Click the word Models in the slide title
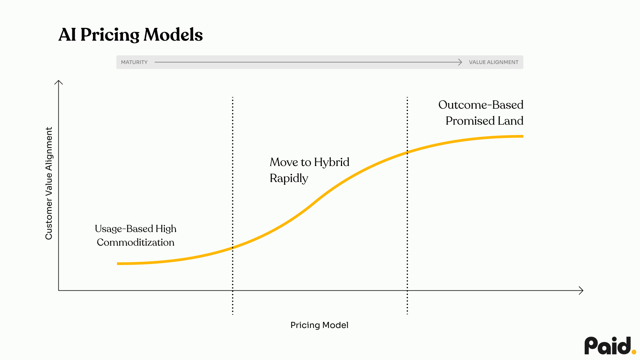click(173, 35)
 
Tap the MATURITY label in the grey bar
click(134, 62)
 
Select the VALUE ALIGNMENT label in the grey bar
click(493, 62)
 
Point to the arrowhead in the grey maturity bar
click(460, 62)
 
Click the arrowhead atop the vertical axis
click(59, 82)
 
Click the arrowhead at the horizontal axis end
click(581, 291)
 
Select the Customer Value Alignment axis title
click(49, 183)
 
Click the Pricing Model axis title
click(319, 325)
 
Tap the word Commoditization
click(135, 242)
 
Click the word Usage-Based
click(124, 229)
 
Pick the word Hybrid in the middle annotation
click(331, 162)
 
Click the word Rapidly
click(289, 178)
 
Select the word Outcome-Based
click(481, 105)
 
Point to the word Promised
click(470, 121)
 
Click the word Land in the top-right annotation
click(510, 121)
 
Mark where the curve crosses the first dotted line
click(233, 248)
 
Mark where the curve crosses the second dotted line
click(407, 152)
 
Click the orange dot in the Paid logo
click(634, 351)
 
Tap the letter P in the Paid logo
click(591, 346)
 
